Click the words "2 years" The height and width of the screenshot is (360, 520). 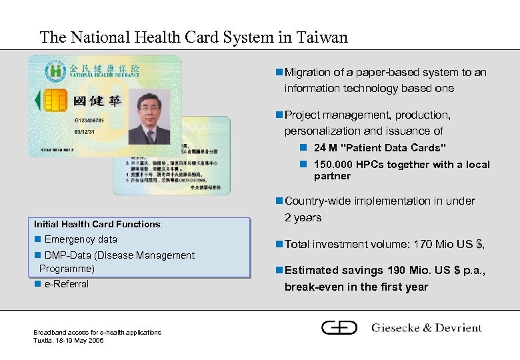303,217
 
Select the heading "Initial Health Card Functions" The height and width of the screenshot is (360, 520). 97,224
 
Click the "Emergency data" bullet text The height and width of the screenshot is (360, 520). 81,239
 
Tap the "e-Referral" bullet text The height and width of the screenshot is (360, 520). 66,284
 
